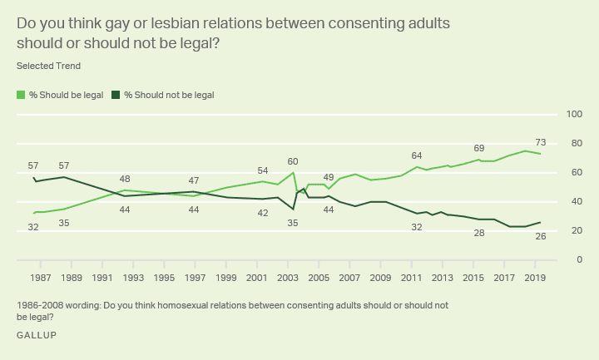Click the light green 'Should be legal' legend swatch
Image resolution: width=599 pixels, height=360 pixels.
22,95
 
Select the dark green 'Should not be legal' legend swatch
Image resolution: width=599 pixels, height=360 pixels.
116,95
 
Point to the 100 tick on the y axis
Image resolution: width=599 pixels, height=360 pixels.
573,114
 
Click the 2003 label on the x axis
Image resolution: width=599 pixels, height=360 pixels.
288,277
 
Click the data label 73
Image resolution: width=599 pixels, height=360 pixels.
540,142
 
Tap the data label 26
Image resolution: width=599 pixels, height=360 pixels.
540,237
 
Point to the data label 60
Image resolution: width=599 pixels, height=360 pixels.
293,161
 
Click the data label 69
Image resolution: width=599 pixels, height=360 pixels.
478,148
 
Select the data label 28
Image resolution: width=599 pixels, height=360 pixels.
478,234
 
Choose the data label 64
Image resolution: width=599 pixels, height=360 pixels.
417,155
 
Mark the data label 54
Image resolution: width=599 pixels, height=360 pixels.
262,170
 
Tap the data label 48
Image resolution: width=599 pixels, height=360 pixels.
124,180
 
